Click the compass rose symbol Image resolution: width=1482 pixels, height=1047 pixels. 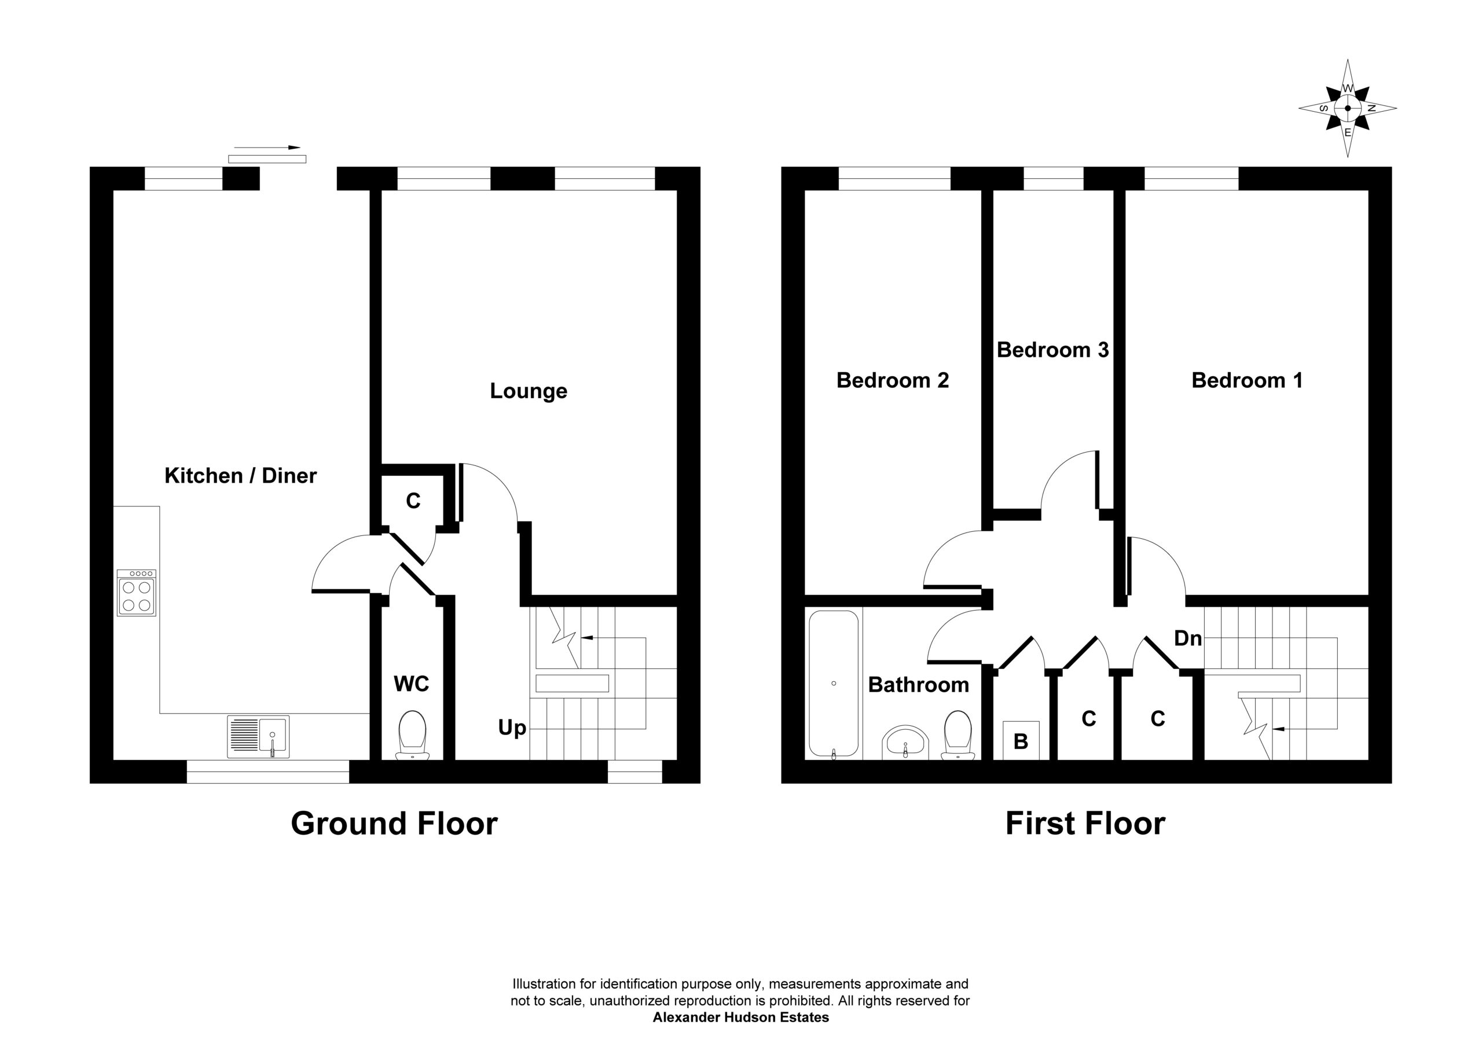pos(1347,108)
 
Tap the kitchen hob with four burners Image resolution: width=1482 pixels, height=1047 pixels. pos(136,593)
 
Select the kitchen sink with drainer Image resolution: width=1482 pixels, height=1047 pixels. pos(258,737)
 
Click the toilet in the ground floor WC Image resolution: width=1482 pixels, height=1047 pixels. pos(412,735)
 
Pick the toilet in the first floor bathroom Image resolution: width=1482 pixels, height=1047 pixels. pos(958,735)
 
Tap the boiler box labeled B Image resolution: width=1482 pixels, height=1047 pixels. pos(1021,740)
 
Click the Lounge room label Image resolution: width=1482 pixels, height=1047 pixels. pos(529,391)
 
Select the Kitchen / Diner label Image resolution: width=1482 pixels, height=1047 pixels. pos(241,476)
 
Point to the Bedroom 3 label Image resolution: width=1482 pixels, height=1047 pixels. pos(1053,350)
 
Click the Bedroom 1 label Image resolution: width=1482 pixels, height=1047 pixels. pos(1247,380)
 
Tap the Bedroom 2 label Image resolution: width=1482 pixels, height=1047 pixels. pos(893,380)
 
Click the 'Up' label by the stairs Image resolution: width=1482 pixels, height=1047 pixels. pos(512,729)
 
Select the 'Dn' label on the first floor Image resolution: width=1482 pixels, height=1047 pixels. pos(1188,638)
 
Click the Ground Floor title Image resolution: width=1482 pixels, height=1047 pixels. pos(394,824)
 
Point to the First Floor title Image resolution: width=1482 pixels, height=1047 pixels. pos(1085,824)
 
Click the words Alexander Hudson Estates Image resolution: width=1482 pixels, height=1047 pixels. pos(741,1018)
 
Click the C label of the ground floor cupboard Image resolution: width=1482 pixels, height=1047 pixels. pos(413,500)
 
